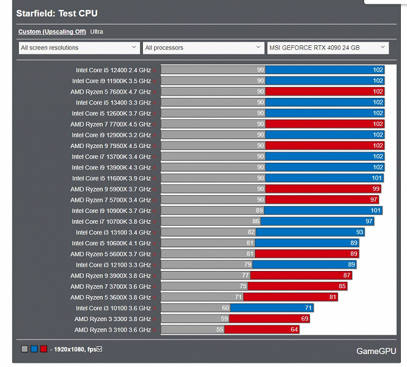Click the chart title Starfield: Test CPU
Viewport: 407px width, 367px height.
point(57,13)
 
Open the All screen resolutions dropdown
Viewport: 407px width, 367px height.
point(79,48)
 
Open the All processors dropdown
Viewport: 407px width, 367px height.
point(204,48)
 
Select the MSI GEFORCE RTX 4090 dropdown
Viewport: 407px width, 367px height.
point(328,48)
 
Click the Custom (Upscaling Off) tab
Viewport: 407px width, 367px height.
point(52,31)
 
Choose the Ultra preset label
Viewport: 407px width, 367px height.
point(97,31)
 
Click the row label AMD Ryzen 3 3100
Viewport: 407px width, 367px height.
point(112,330)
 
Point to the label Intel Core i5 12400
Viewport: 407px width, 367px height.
point(113,70)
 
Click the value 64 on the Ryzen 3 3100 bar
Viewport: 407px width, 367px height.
point(295,330)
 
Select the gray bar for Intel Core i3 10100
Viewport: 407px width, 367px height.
point(196,308)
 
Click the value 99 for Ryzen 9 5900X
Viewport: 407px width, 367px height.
point(376,189)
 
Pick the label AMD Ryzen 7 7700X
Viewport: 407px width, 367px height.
point(111,124)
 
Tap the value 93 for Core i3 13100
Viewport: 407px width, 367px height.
point(360,232)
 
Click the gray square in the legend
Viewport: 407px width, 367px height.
point(24,349)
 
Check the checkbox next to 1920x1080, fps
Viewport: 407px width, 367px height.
point(100,349)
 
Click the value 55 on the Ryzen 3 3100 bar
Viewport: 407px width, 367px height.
point(219,330)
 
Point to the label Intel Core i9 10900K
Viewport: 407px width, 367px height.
point(111,210)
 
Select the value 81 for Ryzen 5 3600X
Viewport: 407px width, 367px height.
point(333,297)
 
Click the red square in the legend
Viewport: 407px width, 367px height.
point(43,349)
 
